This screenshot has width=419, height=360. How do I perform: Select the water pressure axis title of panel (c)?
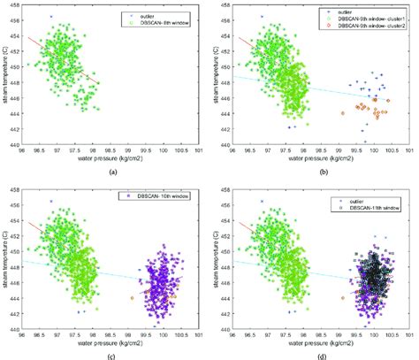tap(113, 342)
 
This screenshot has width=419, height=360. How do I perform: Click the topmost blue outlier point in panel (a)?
tap(51, 17)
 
